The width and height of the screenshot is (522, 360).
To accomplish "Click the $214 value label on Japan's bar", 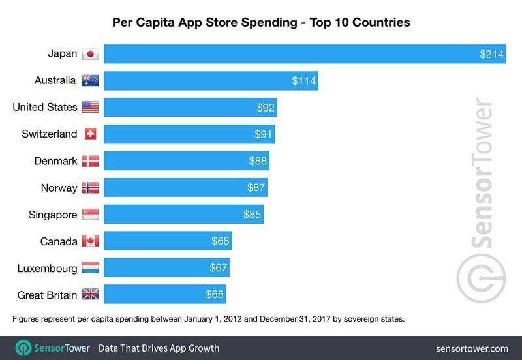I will [x=491, y=54].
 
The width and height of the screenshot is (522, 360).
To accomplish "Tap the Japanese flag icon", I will [x=90, y=54].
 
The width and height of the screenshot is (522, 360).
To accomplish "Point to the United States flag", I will [x=90, y=108].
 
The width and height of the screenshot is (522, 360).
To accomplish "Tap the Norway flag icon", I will [x=90, y=188].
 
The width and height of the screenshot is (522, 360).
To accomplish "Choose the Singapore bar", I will [x=183, y=215].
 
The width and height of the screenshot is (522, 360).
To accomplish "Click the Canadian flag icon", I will [x=90, y=241].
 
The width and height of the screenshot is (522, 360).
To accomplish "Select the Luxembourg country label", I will [x=46, y=268].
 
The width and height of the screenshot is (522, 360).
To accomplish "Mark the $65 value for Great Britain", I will [x=214, y=295].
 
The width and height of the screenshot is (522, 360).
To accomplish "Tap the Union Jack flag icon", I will [x=90, y=295].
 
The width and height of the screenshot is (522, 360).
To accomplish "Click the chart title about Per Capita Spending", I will [x=261, y=23].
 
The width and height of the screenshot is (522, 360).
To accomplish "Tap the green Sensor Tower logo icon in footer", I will [x=25, y=348].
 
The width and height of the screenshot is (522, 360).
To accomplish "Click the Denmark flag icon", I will [x=90, y=161].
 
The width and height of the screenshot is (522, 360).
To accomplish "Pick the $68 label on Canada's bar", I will [x=220, y=241].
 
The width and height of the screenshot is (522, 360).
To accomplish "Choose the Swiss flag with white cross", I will [x=90, y=134].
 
